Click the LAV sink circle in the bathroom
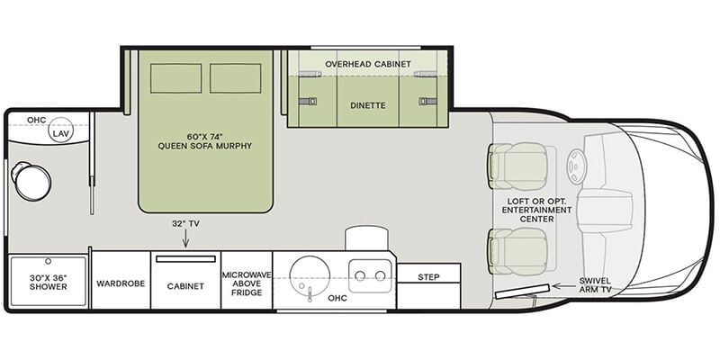tap(61, 130)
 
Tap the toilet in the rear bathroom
tap(31, 181)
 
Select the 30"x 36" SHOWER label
tap(49, 282)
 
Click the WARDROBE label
tap(121, 283)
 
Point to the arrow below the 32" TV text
tap(186, 238)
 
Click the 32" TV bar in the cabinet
tap(185, 259)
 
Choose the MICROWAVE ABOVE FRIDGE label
tap(247, 283)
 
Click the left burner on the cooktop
tap(360, 275)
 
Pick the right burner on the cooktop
tap(380, 275)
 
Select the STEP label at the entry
tap(428, 277)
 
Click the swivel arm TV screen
tap(523, 292)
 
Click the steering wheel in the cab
tap(576, 166)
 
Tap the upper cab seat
tap(517, 166)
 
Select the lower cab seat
tap(517, 251)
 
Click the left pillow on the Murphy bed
tap(175, 78)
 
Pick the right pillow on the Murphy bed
tap(236, 78)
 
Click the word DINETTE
tap(368, 105)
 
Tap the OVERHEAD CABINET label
tap(368, 64)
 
